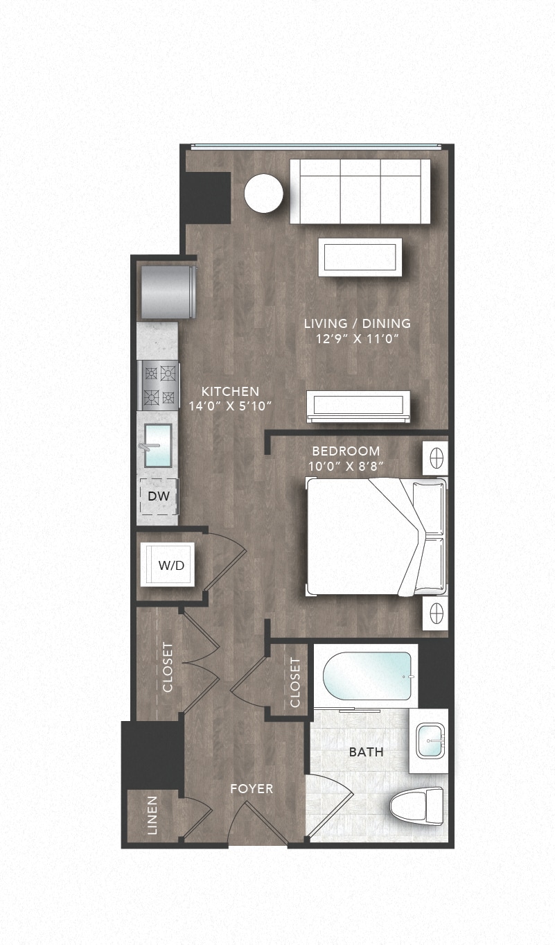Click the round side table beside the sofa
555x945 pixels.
263,193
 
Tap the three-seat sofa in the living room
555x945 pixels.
360,191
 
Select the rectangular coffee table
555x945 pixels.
360,257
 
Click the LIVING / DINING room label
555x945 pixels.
357,323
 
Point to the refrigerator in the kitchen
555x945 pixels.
167,292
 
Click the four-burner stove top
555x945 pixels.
159,385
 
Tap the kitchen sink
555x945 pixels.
159,446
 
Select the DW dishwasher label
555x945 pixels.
159,496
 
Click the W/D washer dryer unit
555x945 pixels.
168,565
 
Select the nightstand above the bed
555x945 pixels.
435,458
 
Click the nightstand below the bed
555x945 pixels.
435,612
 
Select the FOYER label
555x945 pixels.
252,789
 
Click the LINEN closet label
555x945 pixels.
152,815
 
